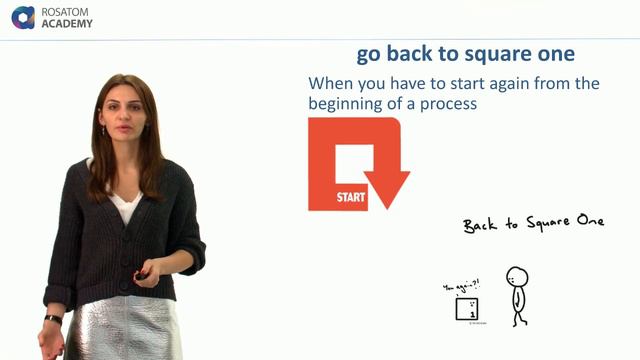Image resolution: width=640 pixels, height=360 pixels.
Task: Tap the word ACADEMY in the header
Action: point(67,24)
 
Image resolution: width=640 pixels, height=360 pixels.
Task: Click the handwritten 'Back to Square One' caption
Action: point(533,223)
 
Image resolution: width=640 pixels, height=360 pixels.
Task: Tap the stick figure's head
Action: point(517,277)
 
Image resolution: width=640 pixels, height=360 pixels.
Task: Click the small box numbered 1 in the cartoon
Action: point(466,310)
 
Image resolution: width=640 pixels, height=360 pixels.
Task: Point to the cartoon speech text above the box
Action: point(462,287)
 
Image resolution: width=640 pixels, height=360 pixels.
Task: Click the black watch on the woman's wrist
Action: point(53,319)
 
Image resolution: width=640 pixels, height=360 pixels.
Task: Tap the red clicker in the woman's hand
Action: point(143,273)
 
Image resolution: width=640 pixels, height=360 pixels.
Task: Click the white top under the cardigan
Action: point(125,205)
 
